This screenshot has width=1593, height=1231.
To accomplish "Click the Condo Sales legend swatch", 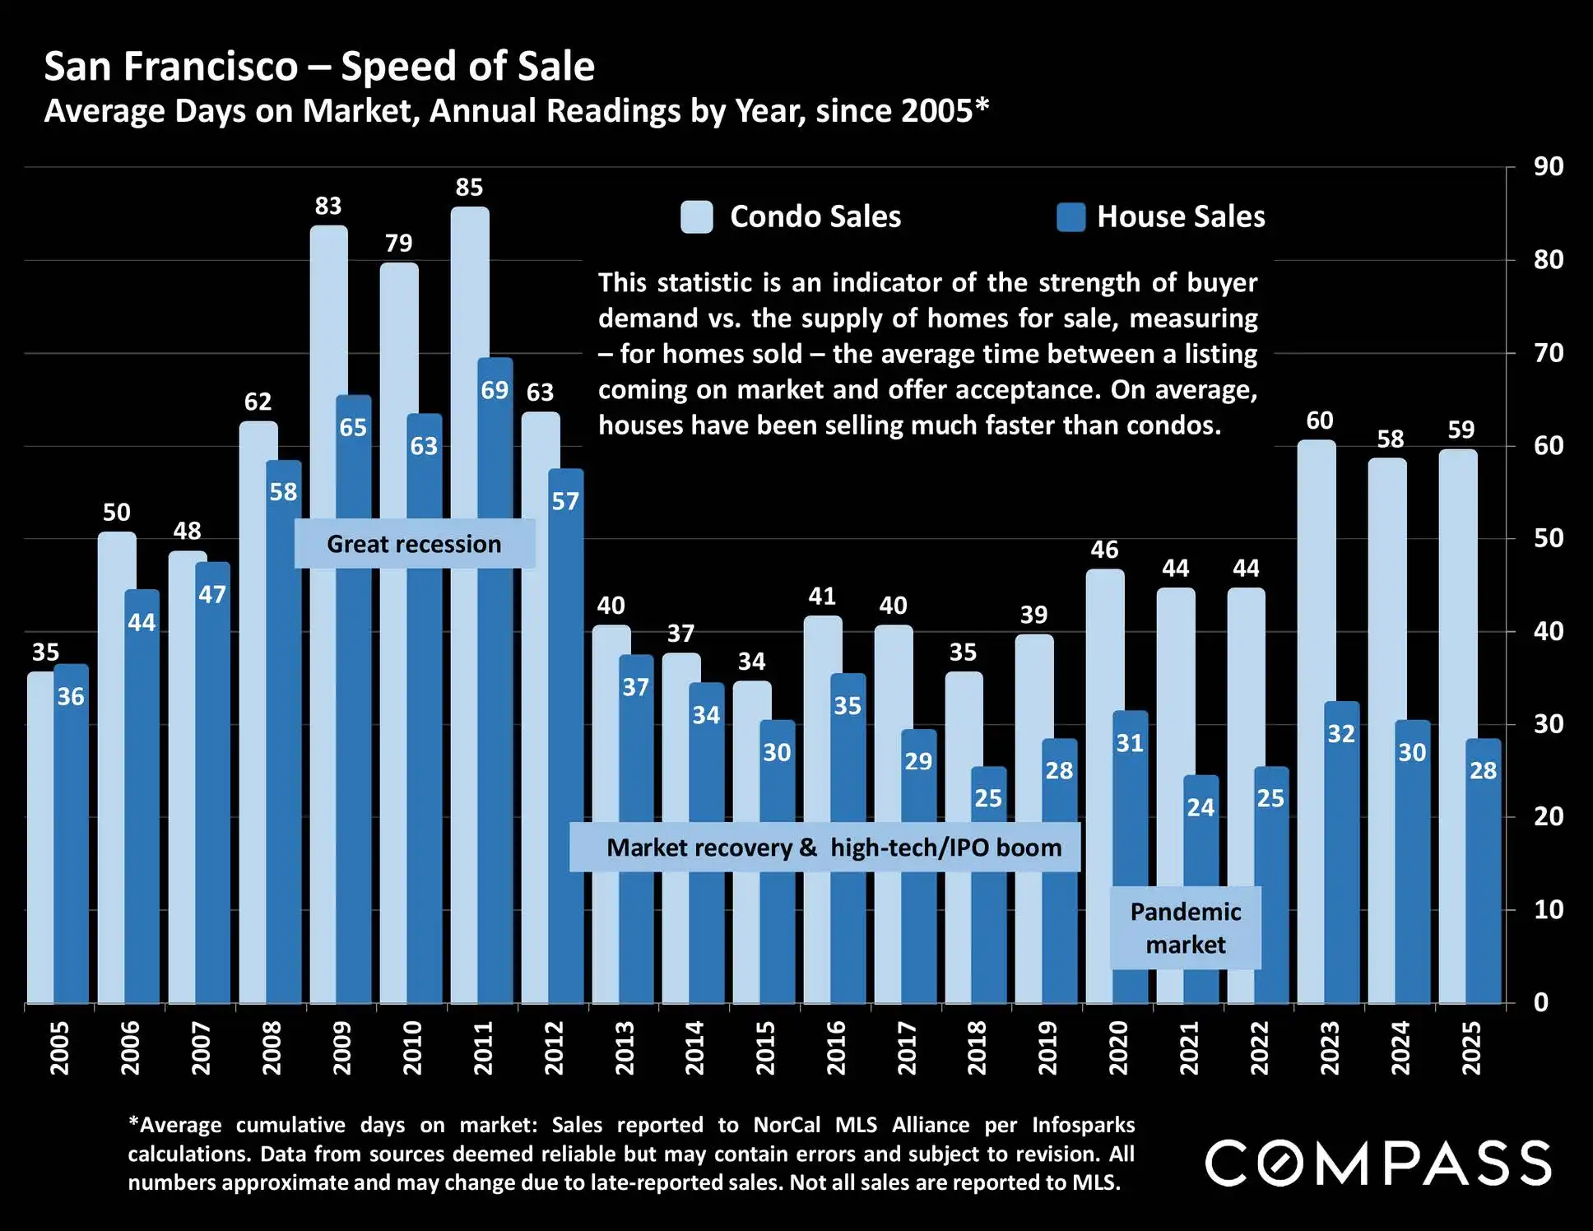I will point(697,217).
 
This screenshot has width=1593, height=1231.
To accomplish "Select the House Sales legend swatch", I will point(1071,217).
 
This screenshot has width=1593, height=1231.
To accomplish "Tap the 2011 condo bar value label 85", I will point(469,188).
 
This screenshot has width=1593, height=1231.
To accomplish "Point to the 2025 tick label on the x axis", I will point(1471,1048).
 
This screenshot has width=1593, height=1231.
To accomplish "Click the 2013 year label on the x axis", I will point(625,1048).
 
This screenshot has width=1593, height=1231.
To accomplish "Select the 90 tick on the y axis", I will point(1548,167).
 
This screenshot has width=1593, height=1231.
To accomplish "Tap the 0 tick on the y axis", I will point(1541,1002).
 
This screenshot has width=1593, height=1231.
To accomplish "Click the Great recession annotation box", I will point(414,544).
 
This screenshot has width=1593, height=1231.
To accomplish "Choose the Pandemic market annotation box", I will point(1185,927).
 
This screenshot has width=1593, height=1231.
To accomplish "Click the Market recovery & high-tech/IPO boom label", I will point(824,848).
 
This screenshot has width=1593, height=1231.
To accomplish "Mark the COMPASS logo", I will point(1378,1163).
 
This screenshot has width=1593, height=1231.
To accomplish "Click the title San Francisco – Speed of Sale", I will point(319,67).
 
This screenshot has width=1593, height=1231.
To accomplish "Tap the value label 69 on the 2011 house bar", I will point(495,390).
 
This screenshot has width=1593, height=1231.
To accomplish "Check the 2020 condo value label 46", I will point(1104,550).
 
